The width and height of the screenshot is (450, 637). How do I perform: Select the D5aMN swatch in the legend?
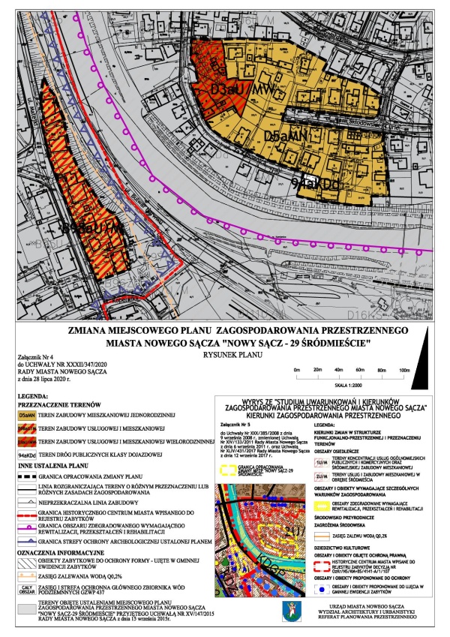click(28, 416)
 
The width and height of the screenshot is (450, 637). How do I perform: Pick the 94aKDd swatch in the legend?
click(28, 455)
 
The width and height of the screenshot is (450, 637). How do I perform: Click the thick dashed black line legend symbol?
click(28, 478)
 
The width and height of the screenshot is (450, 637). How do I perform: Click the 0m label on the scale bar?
click(297, 371)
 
